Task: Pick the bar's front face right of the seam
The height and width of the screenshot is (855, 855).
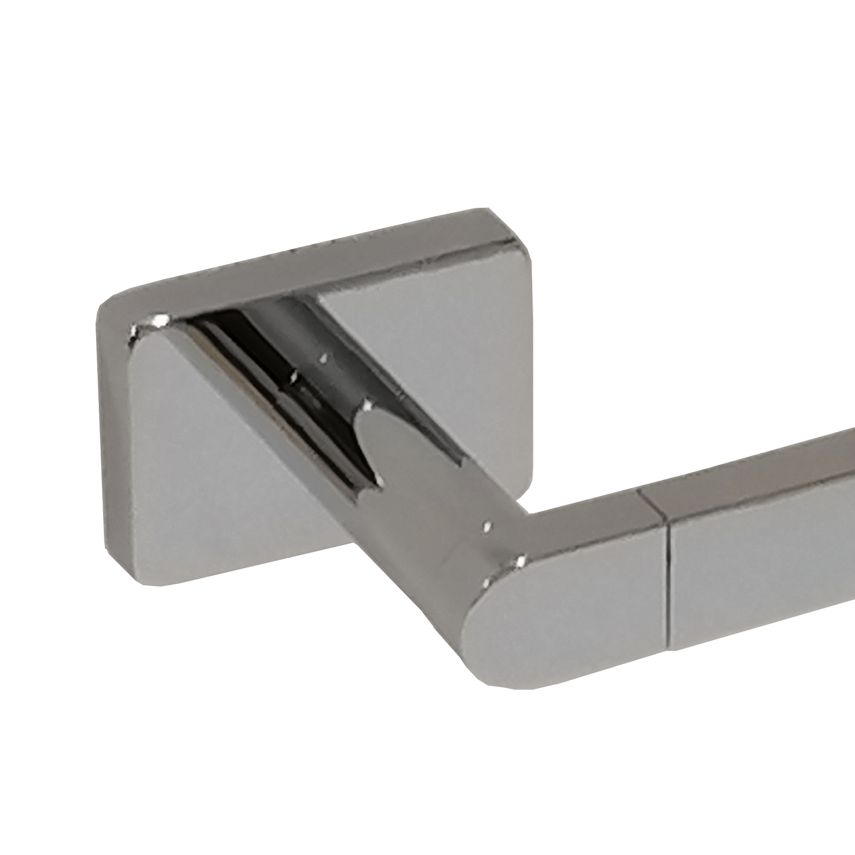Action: pyautogui.click(x=759, y=588)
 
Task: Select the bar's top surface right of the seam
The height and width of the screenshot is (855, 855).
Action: pyautogui.click(x=759, y=476)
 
